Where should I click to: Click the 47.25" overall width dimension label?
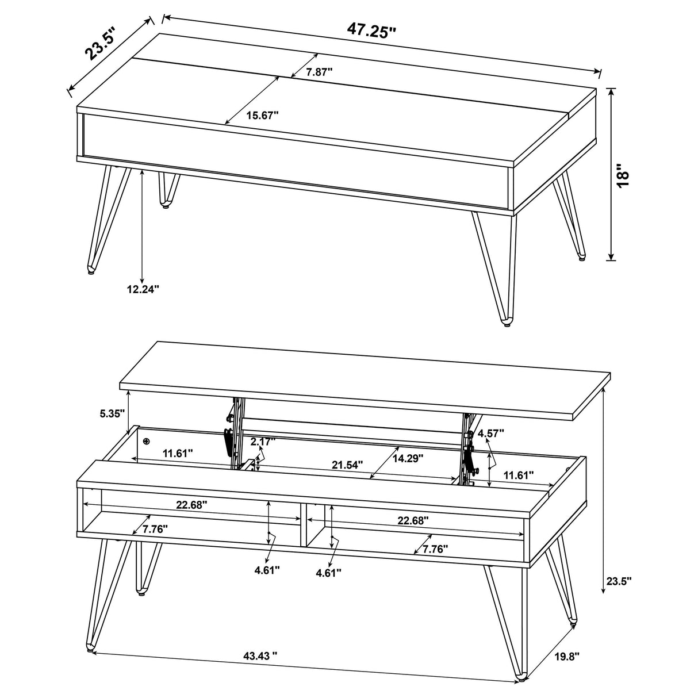pyautogui.click(x=371, y=29)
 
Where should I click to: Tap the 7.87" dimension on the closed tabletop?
pyautogui.click(x=319, y=72)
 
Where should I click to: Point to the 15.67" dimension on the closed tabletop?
pyautogui.click(x=262, y=115)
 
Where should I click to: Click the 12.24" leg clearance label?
pyautogui.click(x=143, y=289)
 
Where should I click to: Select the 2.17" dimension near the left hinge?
pyautogui.click(x=263, y=442)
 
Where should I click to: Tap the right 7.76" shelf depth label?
pyautogui.click(x=435, y=549)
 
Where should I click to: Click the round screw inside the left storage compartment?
pyautogui.click(x=146, y=441)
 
